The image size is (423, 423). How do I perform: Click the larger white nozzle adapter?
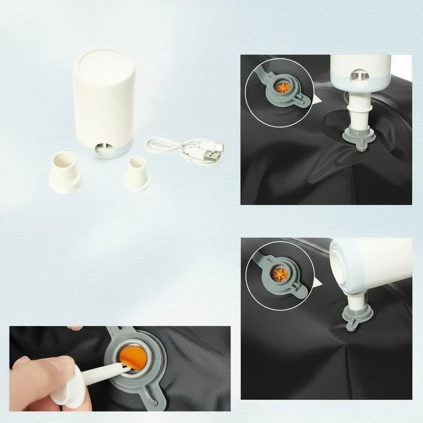(x=64, y=173)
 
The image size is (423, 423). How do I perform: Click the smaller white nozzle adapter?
(x=136, y=173)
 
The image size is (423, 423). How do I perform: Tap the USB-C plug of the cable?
(x=218, y=145)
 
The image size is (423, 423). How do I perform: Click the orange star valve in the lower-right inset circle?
(x=281, y=273)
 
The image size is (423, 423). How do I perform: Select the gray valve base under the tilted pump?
(x=356, y=318)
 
